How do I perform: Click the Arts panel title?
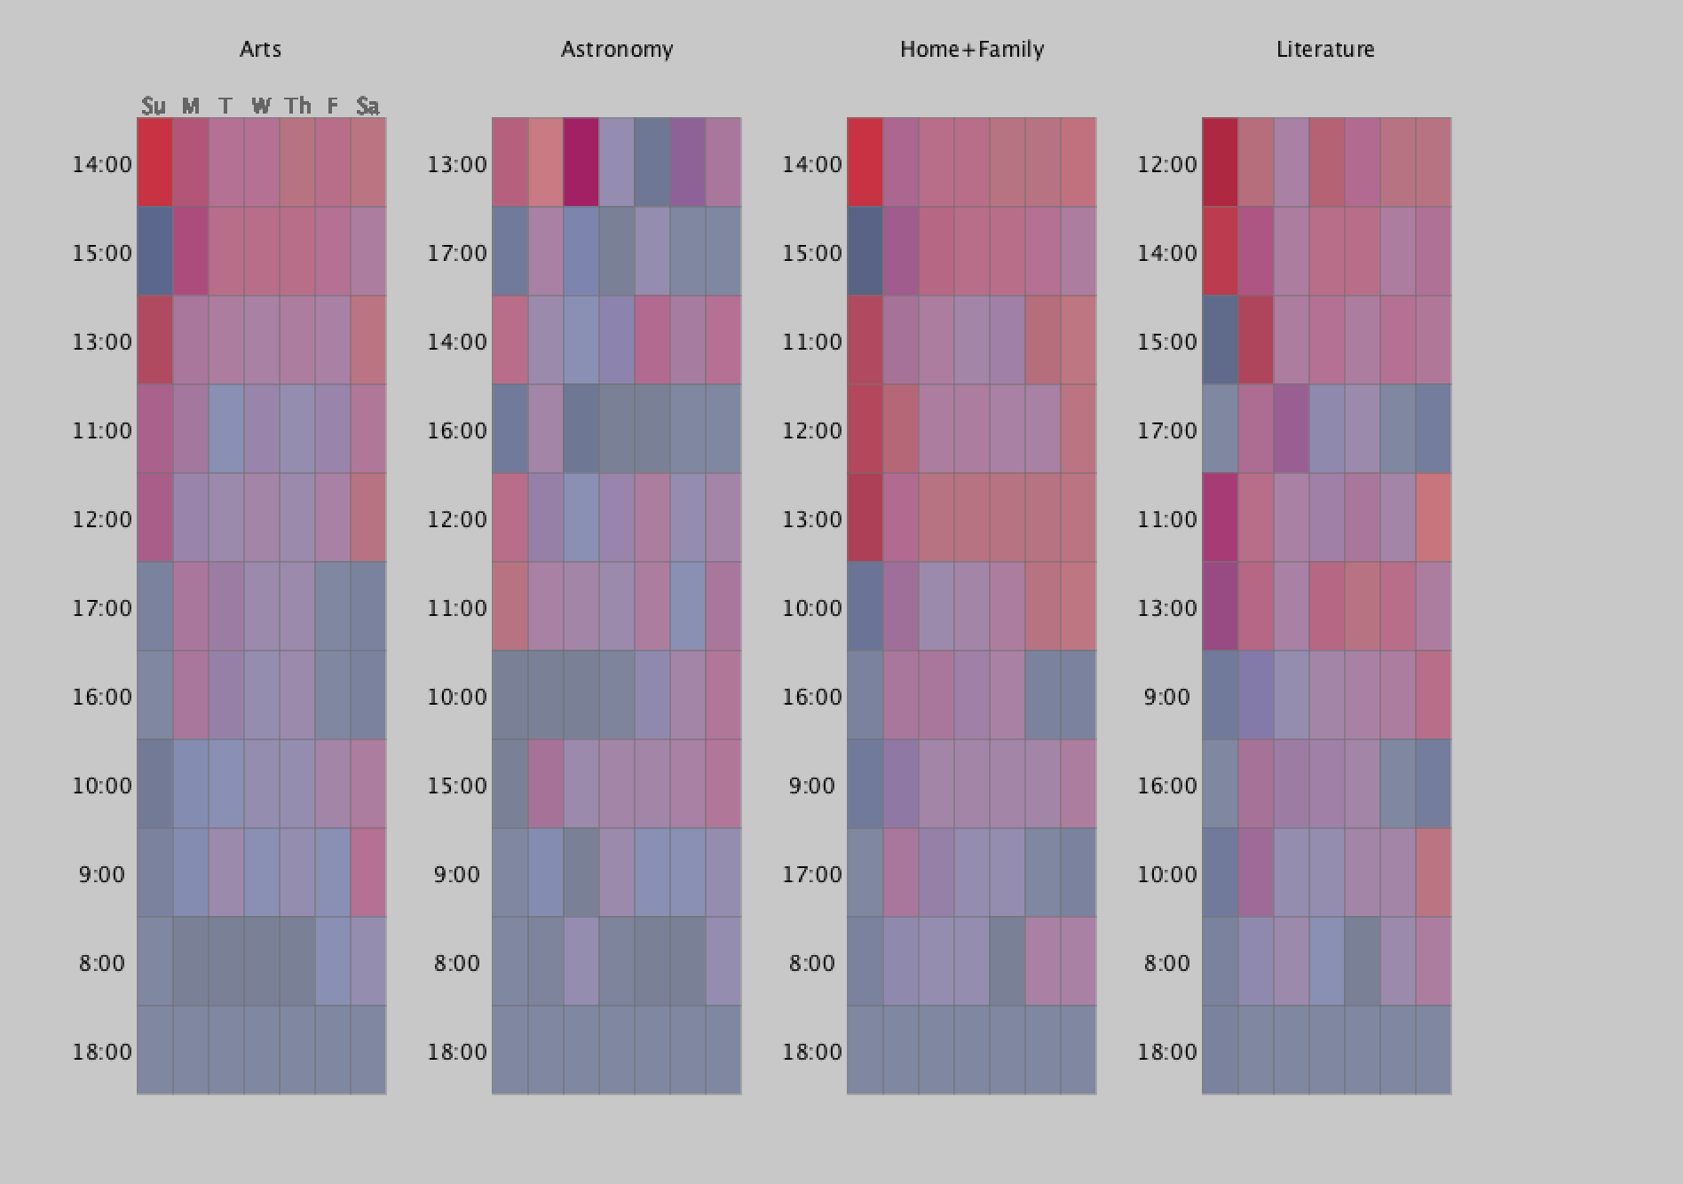click(260, 49)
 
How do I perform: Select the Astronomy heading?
click(617, 49)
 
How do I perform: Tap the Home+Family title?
click(972, 49)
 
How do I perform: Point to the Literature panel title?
click(1325, 49)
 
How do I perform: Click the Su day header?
click(154, 107)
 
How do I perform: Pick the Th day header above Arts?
click(297, 107)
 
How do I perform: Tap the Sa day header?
click(367, 107)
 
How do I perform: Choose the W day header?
click(261, 107)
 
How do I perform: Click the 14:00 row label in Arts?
click(102, 164)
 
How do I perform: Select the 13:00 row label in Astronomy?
click(457, 164)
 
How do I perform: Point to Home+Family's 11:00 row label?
click(812, 342)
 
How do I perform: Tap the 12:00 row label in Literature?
click(1167, 164)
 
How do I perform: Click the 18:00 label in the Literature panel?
click(1167, 1052)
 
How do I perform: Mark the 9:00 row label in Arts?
click(102, 874)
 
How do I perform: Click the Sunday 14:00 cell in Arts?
click(155, 162)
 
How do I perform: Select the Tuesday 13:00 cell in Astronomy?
click(581, 162)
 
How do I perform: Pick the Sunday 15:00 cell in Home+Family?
click(865, 251)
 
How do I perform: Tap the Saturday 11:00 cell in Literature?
click(1434, 517)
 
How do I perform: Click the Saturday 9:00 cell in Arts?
click(368, 872)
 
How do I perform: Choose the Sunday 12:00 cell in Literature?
click(1221, 162)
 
